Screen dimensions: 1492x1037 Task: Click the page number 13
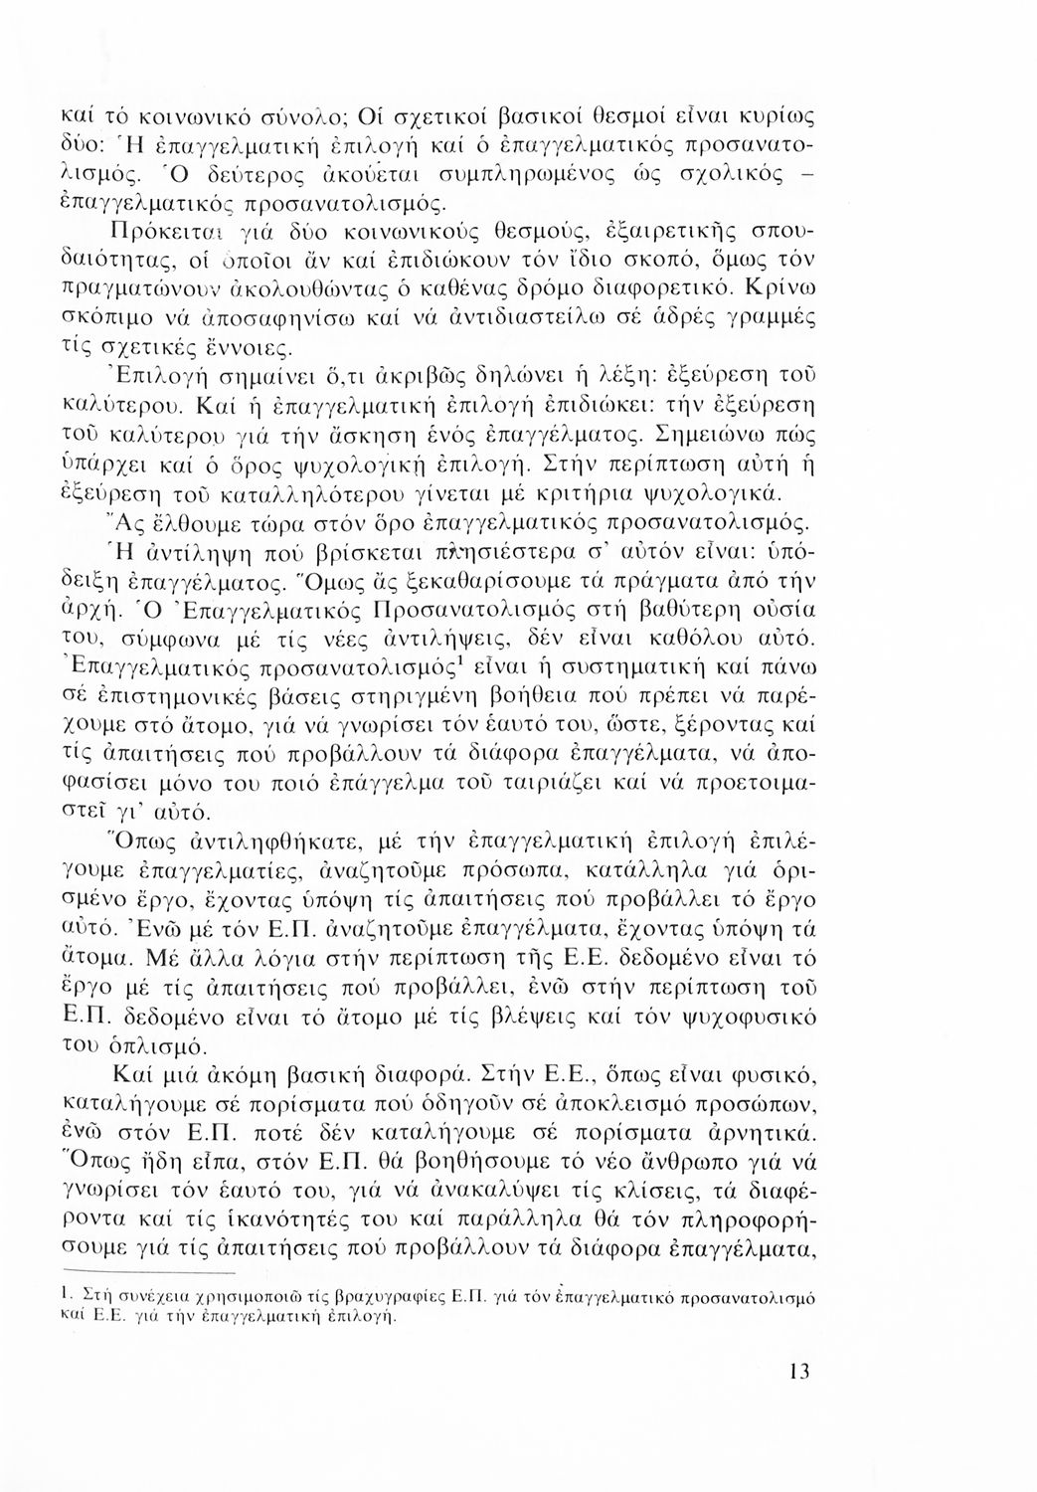coord(798,1373)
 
